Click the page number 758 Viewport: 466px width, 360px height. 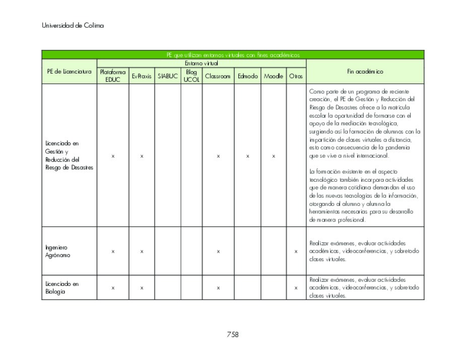[x=232, y=334]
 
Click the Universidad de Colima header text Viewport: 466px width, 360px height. [x=73, y=26]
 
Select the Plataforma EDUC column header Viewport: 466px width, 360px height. [x=113, y=76]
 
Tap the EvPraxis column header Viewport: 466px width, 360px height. [x=142, y=76]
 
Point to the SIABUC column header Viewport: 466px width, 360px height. [x=167, y=76]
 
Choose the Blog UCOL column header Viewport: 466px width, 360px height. [x=191, y=76]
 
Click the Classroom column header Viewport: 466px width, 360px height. [x=218, y=76]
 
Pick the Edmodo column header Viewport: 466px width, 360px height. [x=247, y=76]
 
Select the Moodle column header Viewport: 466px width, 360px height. [x=274, y=76]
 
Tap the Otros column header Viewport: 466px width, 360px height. [x=296, y=76]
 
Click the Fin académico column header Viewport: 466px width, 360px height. [x=365, y=71]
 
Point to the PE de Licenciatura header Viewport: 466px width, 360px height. [x=70, y=71]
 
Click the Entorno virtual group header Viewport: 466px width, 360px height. [x=201, y=63]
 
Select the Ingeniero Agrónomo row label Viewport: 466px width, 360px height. [x=58, y=251]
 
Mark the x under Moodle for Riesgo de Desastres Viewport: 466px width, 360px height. [x=274, y=156]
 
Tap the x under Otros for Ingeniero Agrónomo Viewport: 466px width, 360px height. [x=296, y=251]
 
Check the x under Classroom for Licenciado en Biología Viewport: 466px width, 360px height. [x=218, y=288]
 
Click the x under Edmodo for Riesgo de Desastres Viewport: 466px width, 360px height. [x=247, y=156]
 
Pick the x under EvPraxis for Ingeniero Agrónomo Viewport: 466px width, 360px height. [x=142, y=251]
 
